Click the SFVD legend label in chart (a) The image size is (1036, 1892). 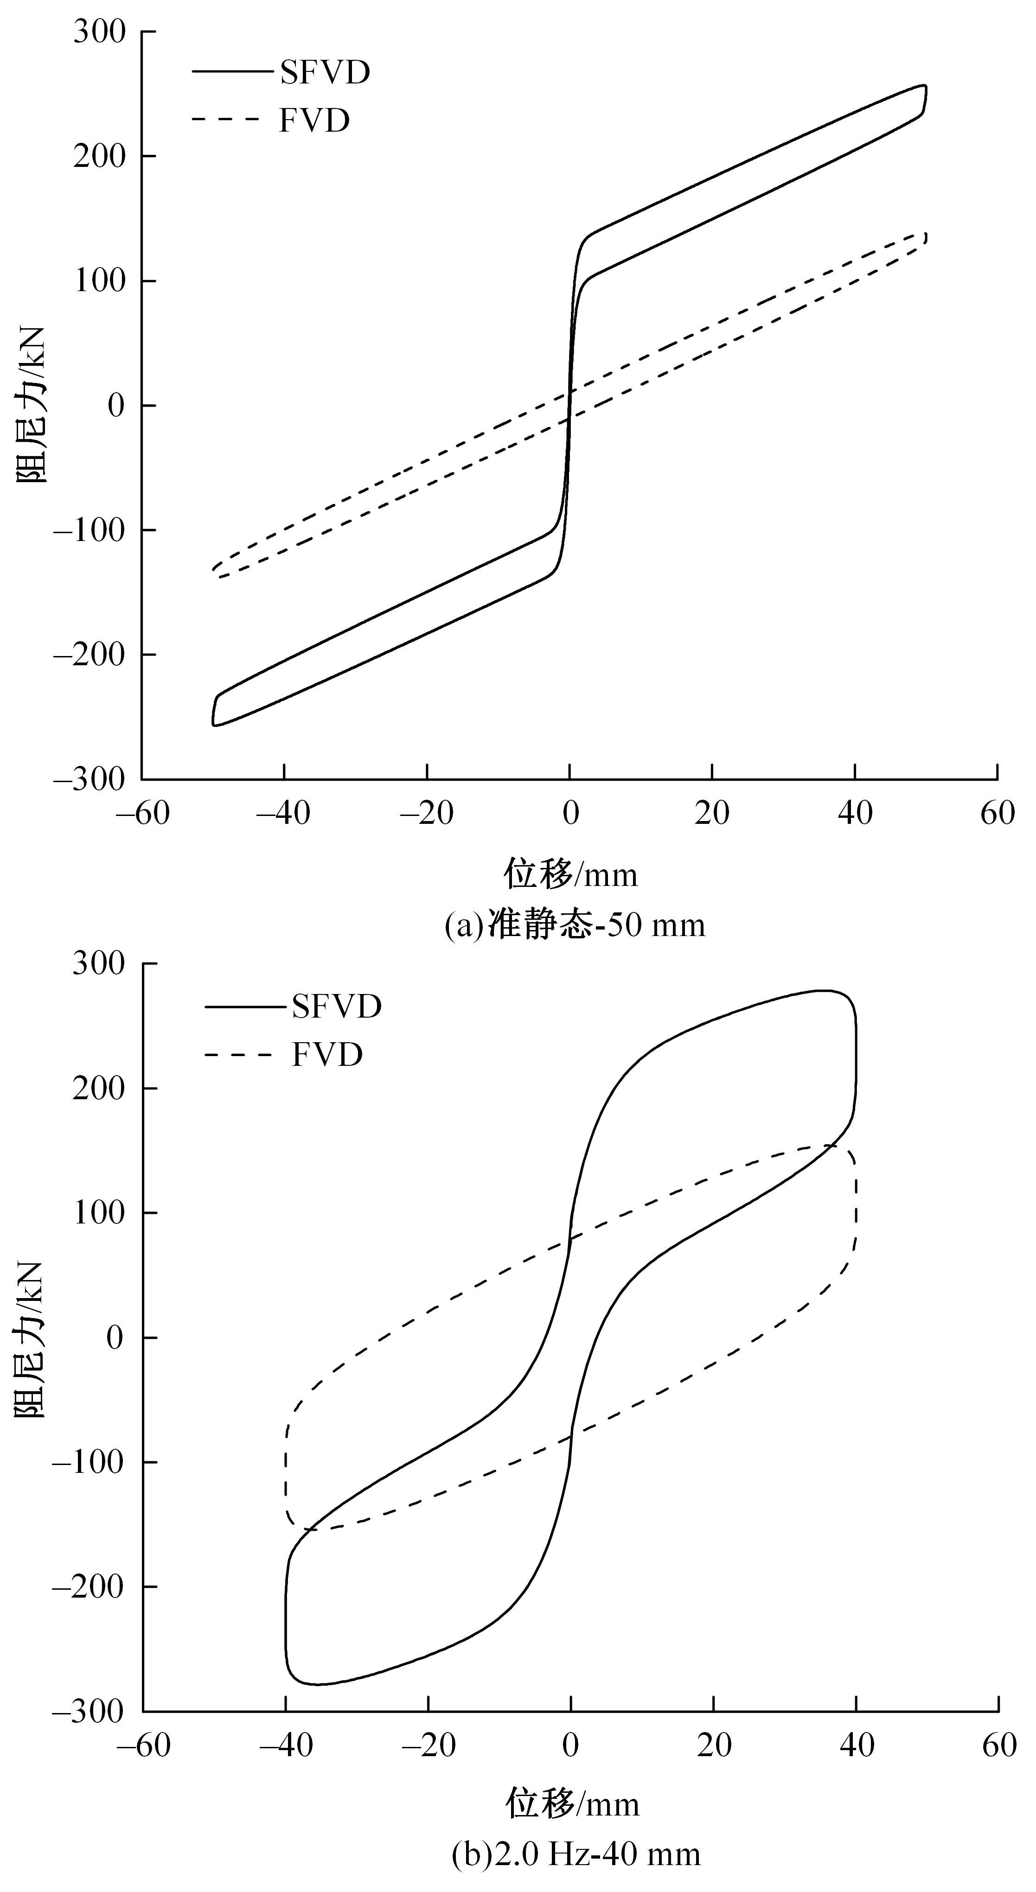tap(324, 73)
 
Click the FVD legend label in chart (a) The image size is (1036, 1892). tap(314, 121)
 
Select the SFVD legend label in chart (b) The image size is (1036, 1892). tap(337, 1006)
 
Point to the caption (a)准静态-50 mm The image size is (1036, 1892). tap(575, 925)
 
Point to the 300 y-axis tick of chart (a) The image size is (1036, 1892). tap(99, 32)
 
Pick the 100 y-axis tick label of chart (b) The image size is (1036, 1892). tap(99, 1213)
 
